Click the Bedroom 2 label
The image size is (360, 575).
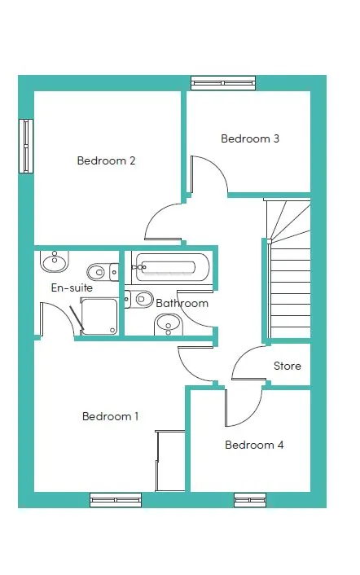(107, 160)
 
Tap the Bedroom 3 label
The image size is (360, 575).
(250, 138)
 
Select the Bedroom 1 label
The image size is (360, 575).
(110, 416)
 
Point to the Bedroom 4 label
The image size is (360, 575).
(254, 445)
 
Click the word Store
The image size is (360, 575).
(288, 366)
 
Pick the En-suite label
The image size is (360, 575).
(72, 287)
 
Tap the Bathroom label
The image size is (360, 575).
(182, 303)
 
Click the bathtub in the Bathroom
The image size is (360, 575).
(171, 267)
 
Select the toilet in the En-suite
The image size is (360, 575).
(103, 273)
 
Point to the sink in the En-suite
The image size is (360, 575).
(55, 261)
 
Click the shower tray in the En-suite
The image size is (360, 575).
(99, 316)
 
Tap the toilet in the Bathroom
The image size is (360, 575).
(139, 299)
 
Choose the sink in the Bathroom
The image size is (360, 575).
(169, 325)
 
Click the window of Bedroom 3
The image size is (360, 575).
(223, 83)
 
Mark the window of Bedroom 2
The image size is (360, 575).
(26, 146)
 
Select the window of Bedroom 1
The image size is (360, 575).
(116, 500)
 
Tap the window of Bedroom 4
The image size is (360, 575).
(250, 500)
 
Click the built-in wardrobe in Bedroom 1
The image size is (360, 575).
(170, 461)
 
